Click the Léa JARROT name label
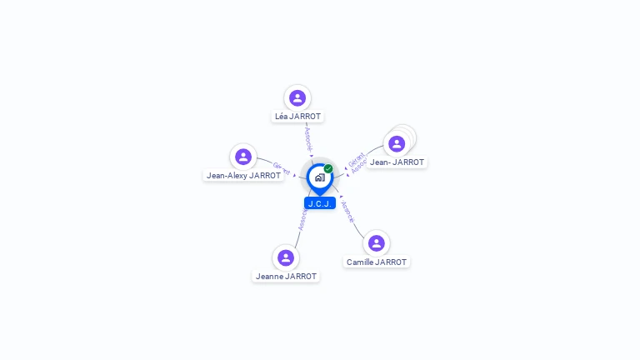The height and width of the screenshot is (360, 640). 297,117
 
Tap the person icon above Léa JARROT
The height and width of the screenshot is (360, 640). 297,97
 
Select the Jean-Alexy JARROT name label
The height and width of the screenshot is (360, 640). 244,176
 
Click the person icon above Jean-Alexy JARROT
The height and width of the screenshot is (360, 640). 243,157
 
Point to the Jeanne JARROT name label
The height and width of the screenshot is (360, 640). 286,276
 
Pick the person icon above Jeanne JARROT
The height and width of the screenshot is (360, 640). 286,257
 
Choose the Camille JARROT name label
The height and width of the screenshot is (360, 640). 377,262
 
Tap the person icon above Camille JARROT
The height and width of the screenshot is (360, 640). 377,242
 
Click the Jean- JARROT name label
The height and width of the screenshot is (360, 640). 397,162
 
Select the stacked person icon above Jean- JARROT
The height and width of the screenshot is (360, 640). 397,143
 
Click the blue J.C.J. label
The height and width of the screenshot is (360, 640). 320,203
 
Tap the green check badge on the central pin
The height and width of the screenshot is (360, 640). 328,169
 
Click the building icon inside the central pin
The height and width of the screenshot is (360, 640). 319,177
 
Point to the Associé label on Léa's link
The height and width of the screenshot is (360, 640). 308,137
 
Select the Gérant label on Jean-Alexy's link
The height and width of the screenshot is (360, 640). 282,169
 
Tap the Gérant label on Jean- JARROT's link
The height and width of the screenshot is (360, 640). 353,159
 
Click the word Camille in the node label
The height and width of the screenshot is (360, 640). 360,262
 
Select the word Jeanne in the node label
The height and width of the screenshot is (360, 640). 269,276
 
